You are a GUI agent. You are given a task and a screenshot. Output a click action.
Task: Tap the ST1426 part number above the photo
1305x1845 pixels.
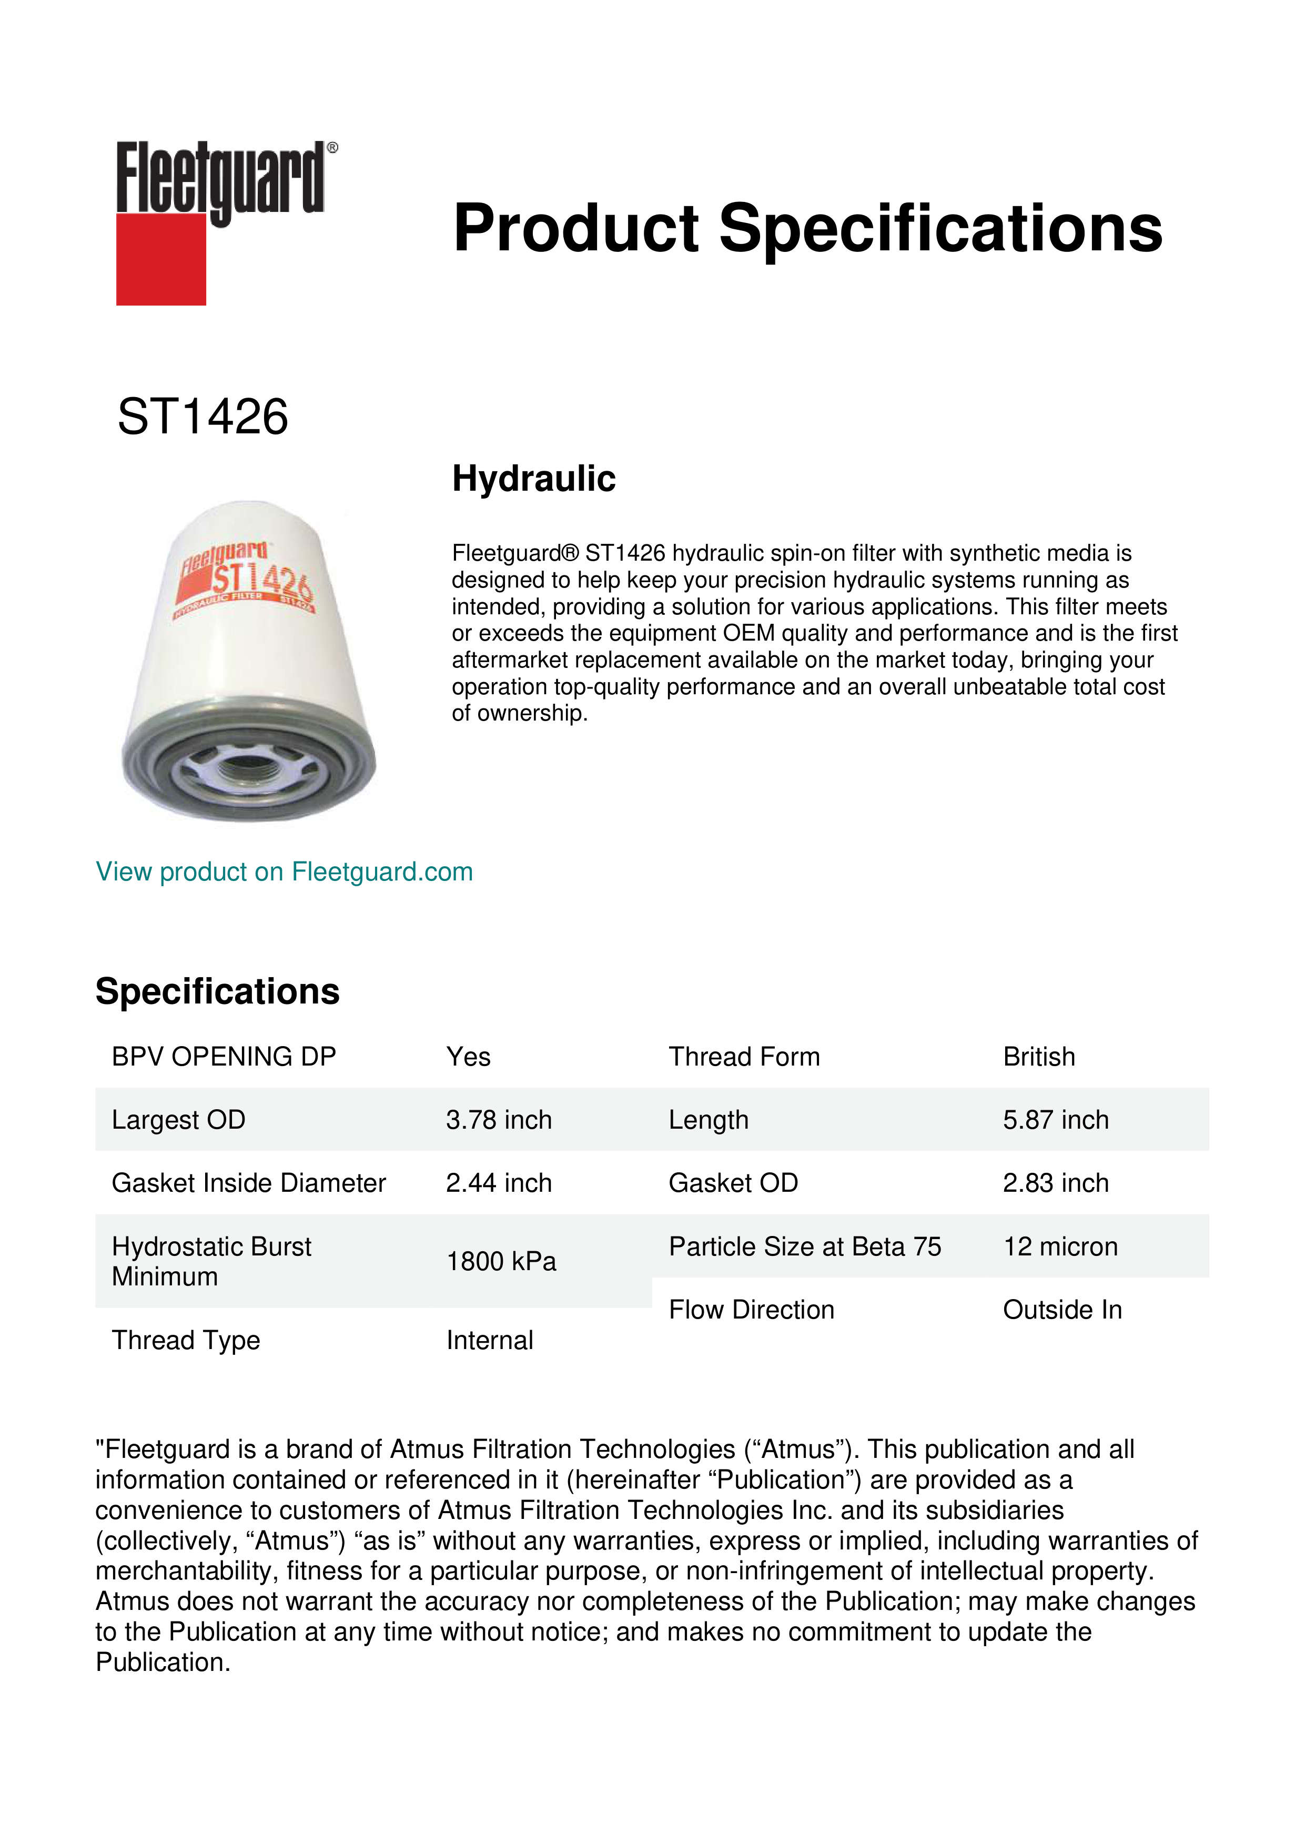tap(203, 417)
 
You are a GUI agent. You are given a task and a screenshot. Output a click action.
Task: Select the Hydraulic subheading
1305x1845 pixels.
tap(533, 479)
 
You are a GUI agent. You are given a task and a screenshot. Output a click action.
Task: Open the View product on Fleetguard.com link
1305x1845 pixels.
tap(284, 872)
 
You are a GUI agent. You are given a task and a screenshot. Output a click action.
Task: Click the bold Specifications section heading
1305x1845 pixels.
tap(217, 991)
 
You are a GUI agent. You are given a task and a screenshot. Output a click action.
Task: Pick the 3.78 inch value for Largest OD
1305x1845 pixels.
tap(499, 1120)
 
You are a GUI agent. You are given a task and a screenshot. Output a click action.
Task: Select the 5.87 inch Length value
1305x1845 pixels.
tap(1055, 1120)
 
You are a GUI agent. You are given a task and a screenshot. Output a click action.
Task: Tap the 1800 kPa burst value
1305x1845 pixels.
tap(501, 1262)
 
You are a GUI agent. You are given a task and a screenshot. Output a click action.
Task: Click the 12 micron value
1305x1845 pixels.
tap(1060, 1247)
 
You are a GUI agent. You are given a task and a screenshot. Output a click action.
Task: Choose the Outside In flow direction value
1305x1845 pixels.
tap(1061, 1310)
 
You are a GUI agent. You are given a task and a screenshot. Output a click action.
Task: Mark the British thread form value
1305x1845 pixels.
tap(1038, 1057)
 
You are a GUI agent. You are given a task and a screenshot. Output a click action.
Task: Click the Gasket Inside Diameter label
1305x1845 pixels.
tap(248, 1184)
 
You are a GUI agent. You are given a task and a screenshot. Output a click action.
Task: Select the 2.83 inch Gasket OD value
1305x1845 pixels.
tap(1055, 1184)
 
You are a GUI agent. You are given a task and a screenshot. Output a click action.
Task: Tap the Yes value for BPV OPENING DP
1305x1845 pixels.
tap(468, 1057)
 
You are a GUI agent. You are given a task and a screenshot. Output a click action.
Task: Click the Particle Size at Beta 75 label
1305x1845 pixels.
tap(804, 1247)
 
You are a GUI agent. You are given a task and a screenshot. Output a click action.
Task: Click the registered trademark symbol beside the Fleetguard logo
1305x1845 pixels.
tap(332, 148)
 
